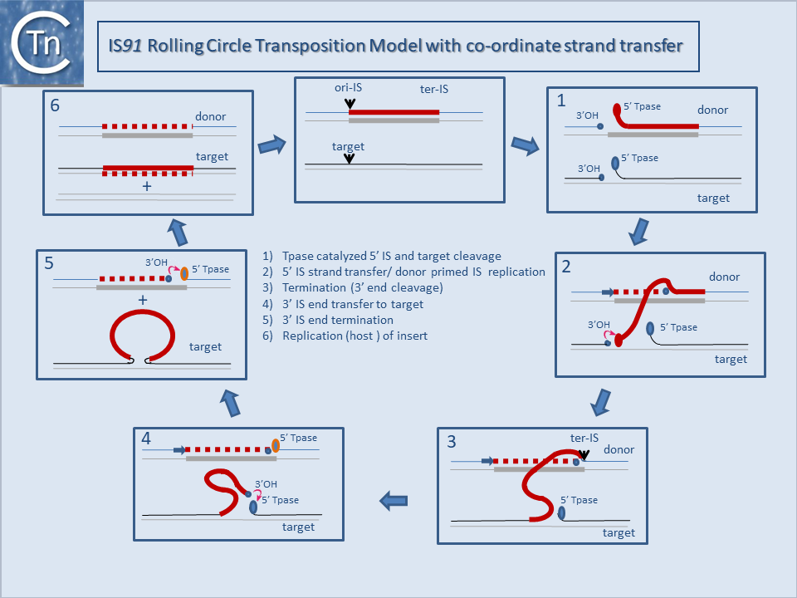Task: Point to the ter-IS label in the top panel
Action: point(434,90)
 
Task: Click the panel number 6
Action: point(55,107)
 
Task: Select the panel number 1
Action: point(561,101)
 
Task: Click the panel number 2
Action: point(566,267)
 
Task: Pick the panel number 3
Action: point(451,441)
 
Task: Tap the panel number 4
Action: point(146,438)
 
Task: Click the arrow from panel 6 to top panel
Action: point(271,146)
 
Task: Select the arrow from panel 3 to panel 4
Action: point(394,500)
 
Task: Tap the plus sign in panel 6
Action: point(147,187)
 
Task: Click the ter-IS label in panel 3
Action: point(584,438)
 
